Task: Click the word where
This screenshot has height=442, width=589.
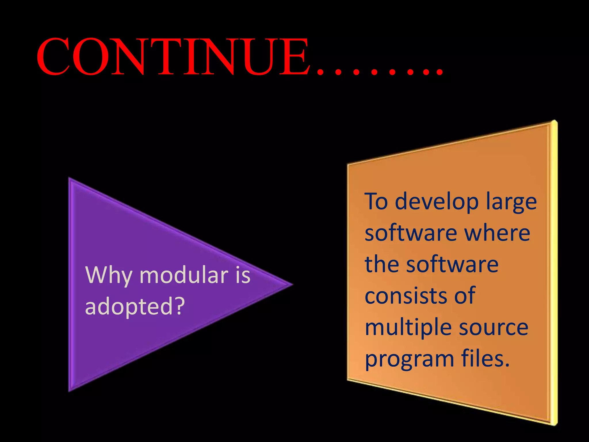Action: [x=498, y=233]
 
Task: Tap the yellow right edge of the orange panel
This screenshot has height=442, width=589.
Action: [x=554, y=273]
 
